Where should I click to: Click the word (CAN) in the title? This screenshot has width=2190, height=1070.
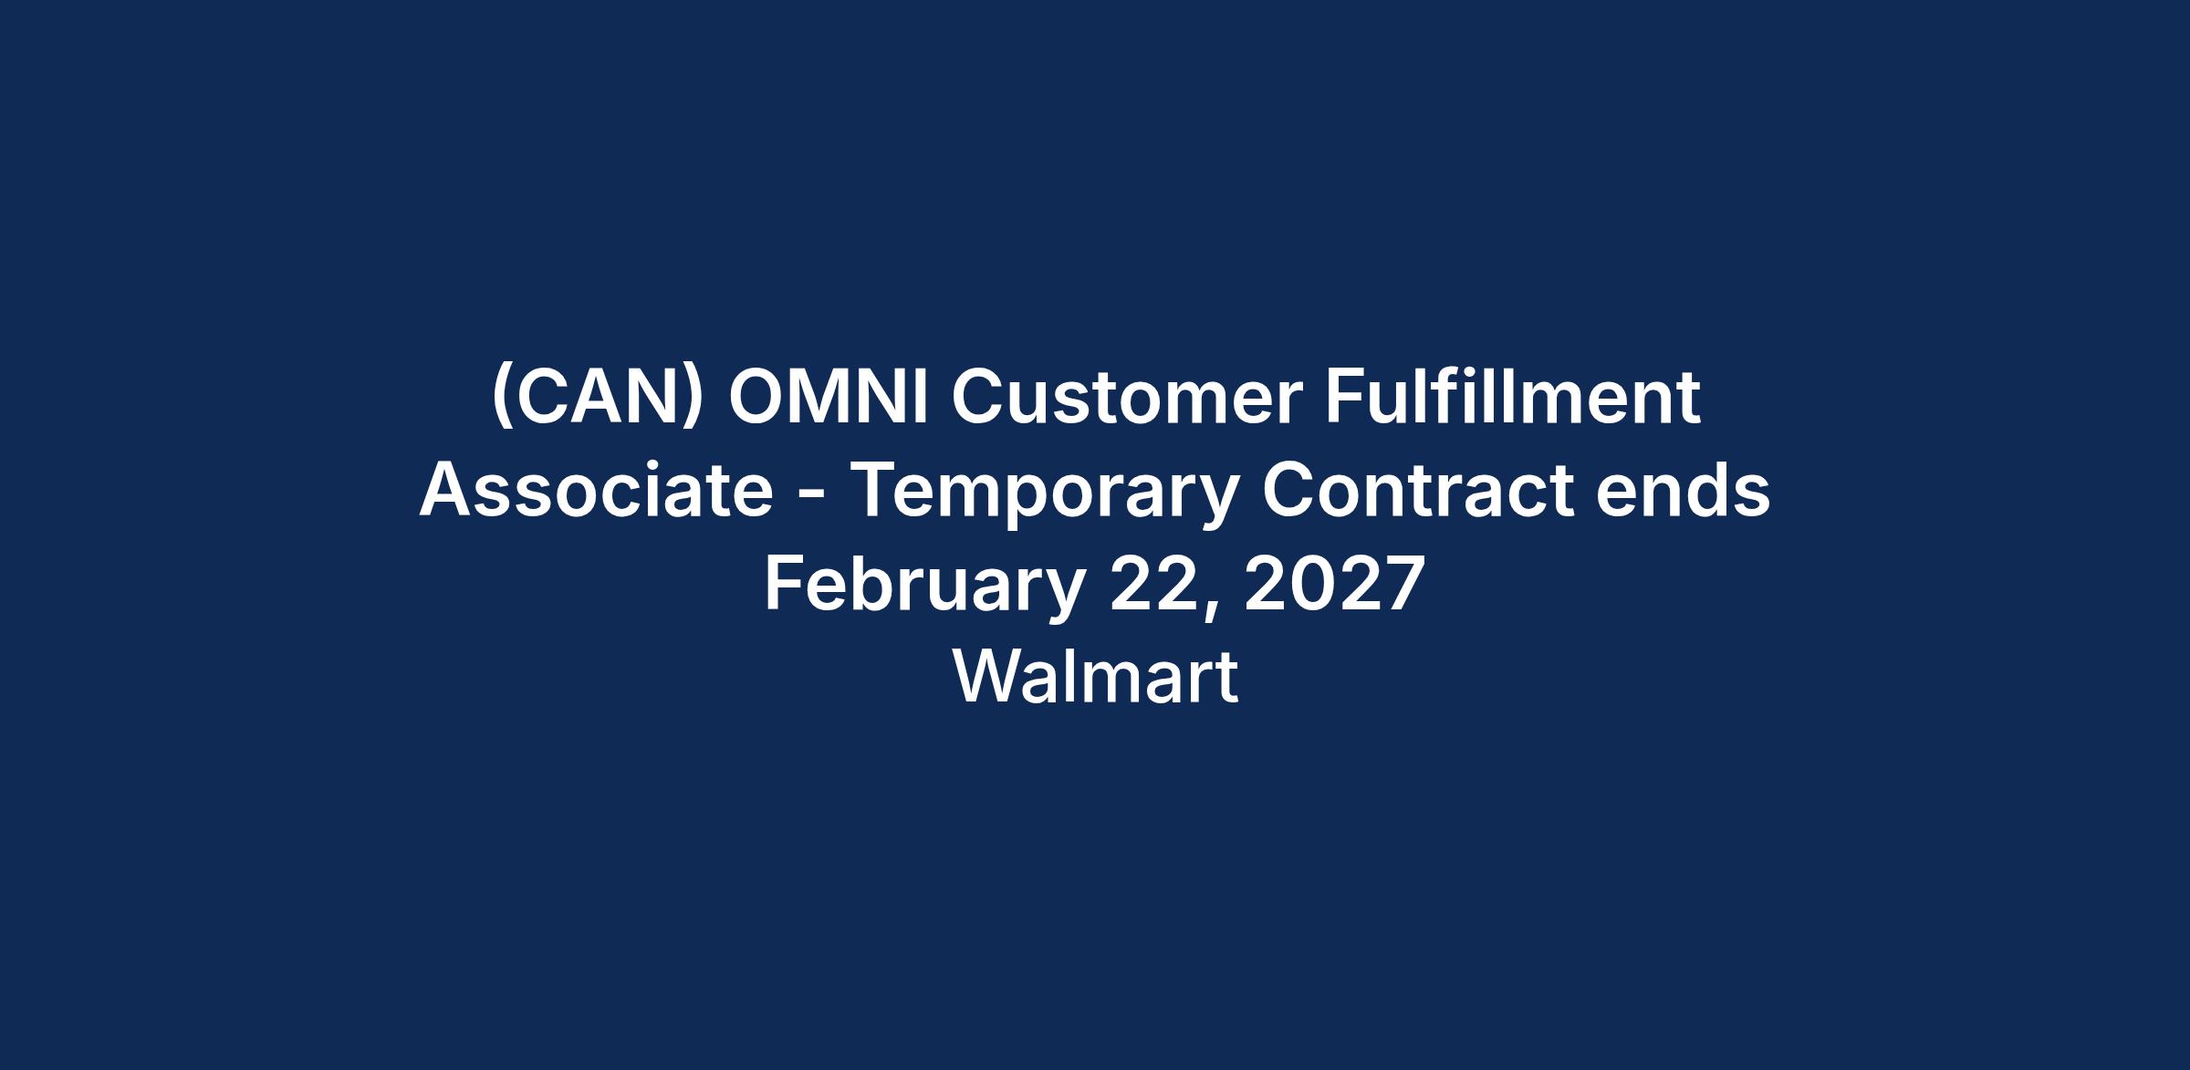[x=598, y=398]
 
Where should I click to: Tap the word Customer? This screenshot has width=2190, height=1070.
[x=1127, y=398]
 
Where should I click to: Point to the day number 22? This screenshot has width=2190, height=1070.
[x=1153, y=584]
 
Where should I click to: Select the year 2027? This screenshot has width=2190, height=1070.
[x=1334, y=584]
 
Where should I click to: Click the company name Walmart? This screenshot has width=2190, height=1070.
[x=1095, y=677]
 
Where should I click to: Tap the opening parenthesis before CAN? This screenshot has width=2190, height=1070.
[x=500, y=398]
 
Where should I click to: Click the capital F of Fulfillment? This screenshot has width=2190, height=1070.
[x=1343, y=398]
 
